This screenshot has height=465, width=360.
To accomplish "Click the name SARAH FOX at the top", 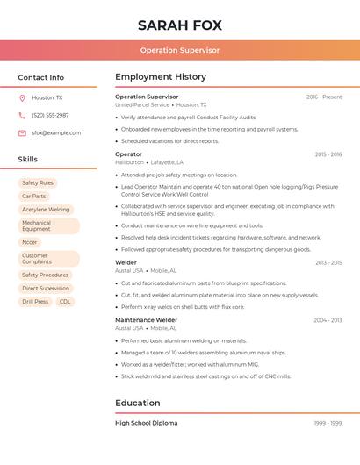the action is pyautogui.click(x=180, y=25).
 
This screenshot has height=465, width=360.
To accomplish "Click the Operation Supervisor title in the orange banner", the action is pyautogui.click(x=180, y=50).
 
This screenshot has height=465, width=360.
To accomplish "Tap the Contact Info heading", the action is pyautogui.click(x=41, y=77).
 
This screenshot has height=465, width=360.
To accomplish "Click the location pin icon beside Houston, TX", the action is pyautogui.click(x=22, y=98).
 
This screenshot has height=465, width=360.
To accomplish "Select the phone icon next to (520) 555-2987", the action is pyautogui.click(x=22, y=116).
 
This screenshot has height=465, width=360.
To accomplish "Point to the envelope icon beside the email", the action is pyautogui.click(x=22, y=133).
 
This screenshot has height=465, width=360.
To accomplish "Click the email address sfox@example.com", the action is pyautogui.click(x=56, y=133).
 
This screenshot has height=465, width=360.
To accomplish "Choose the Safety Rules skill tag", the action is pyautogui.click(x=38, y=183).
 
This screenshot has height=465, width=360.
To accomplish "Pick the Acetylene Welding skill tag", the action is pyautogui.click(x=46, y=210).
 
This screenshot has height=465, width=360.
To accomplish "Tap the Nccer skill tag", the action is pyautogui.click(x=30, y=242).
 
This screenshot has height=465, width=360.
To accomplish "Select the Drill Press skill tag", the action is pyautogui.click(x=35, y=302).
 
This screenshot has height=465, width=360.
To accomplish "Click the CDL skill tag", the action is pyautogui.click(x=65, y=302).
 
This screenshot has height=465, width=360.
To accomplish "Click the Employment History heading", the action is pyautogui.click(x=161, y=77).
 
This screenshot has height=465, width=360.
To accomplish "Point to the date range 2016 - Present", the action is pyautogui.click(x=324, y=97).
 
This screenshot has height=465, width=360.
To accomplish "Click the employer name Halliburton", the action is pyautogui.click(x=129, y=162).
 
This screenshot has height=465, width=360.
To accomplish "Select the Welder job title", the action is pyautogui.click(x=126, y=262).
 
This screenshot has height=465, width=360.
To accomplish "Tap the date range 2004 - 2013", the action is pyautogui.click(x=328, y=320).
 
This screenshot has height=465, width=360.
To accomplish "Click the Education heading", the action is pyautogui.click(x=138, y=404).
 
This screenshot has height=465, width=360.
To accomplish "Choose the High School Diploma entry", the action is pyautogui.click(x=146, y=423).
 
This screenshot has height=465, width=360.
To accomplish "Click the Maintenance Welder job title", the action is pyautogui.click(x=146, y=320).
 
